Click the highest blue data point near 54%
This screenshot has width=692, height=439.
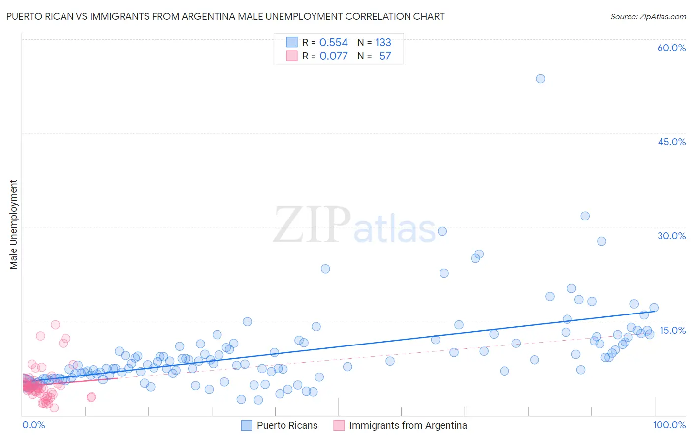[x=540, y=79]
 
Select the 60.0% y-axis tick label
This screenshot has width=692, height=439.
[x=671, y=48]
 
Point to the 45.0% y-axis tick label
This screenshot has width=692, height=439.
[x=671, y=142]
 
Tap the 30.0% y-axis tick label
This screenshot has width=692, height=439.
[x=671, y=236]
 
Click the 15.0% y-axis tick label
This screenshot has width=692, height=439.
[x=672, y=330]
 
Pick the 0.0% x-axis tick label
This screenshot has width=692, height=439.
[x=33, y=425]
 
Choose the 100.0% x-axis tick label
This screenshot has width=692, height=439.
[x=669, y=425]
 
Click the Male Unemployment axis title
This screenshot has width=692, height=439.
[x=13, y=224]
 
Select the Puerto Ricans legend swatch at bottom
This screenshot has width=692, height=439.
[x=247, y=425]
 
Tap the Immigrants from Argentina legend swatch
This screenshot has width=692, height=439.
[x=339, y=425]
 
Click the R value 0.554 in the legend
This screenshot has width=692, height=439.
[x=333, y=43]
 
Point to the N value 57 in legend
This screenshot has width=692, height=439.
[x=385, y=56]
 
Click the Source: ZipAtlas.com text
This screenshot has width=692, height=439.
[x=648, y=16]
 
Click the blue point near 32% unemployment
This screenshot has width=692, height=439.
[x=585, y=216]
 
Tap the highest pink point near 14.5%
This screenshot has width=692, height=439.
[x=55, y=325]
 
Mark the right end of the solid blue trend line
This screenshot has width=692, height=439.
[x=655, y=311]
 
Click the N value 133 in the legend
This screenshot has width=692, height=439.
[x=383, y=43]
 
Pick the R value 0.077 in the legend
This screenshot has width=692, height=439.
[x=333, y=56]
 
